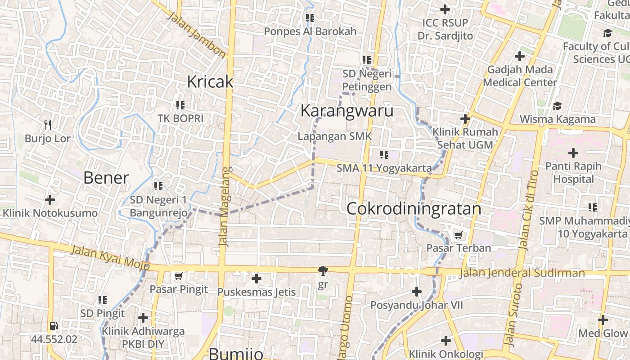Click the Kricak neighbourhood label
(x=210, y=81)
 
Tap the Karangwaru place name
(x=346, y=110)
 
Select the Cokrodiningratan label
(x=414, y=209)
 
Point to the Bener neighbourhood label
(x=106, y=178)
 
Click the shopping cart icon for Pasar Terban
(x=458, y=235)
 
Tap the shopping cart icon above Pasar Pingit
(x=178, y=276)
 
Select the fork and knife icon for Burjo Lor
(x=48, y=125)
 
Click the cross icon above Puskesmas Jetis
(x=256, y=279)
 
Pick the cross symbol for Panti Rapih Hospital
(x=573, y=153)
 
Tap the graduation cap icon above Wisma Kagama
(x=557, y=106)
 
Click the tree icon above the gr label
(x=323, y=270)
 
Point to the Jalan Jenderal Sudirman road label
(x=522, y=273)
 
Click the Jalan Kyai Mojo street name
(x=110, y=257)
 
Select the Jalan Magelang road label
(x=225, y=207)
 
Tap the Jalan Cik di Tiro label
(x=528, y=210)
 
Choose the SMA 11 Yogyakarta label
(x=384, y=168)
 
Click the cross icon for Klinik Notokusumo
(x=50, y=199)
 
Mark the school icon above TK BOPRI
(x=180, y=105)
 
